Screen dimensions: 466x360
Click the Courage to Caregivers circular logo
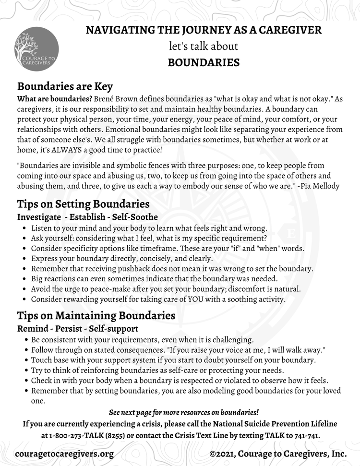click(37, 49)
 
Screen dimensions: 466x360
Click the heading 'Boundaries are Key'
click(65, 86)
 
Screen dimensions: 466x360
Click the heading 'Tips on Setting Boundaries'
click(83, 204)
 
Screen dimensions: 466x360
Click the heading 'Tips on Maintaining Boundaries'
click(96, 316)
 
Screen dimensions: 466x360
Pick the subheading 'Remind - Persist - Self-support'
click(78, 329)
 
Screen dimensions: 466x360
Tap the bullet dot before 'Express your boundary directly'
click(24, 259)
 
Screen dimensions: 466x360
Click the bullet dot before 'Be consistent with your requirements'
click(24, 340)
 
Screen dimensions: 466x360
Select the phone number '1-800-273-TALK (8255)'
click(92, 435)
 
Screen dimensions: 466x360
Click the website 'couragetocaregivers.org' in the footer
click(65, 454)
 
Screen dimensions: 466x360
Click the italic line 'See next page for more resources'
click(183, 412)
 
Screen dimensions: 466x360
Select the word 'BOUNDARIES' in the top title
click(204, 62)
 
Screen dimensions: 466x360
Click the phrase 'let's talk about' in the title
click(204, 47)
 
